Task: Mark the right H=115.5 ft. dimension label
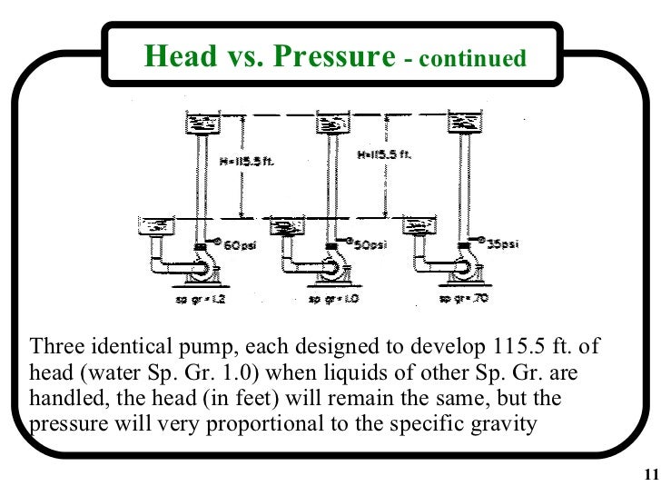click(385, 154)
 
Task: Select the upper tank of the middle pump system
click(327, 124)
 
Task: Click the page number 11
click(647, 474)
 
